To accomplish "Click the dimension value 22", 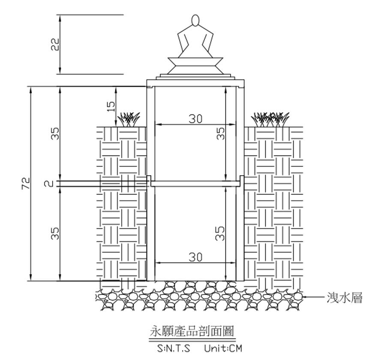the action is point(55,44).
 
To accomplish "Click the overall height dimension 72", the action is point(26,183).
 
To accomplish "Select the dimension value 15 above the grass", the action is point(111,107).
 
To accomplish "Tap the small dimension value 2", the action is point(48,183).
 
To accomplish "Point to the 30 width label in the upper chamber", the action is point(195,119).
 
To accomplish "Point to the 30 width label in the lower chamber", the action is point(195,257).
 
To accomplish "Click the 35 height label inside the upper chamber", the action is point(220,133).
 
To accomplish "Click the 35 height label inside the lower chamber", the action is point(220,234).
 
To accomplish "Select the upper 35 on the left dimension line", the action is point(55,133).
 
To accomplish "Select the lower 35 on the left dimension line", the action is point(55,234).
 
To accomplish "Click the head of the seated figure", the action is point(195,21).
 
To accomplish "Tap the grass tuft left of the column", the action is point(129,120).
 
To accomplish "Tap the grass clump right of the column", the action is point(270,120).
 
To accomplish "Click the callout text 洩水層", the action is point(345,297).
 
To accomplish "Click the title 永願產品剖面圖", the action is point(192,331).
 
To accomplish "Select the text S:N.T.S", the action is point(174,348).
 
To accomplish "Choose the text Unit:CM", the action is point(223,348).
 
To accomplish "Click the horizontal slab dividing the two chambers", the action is point(195,183).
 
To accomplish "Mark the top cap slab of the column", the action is point(195,83).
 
